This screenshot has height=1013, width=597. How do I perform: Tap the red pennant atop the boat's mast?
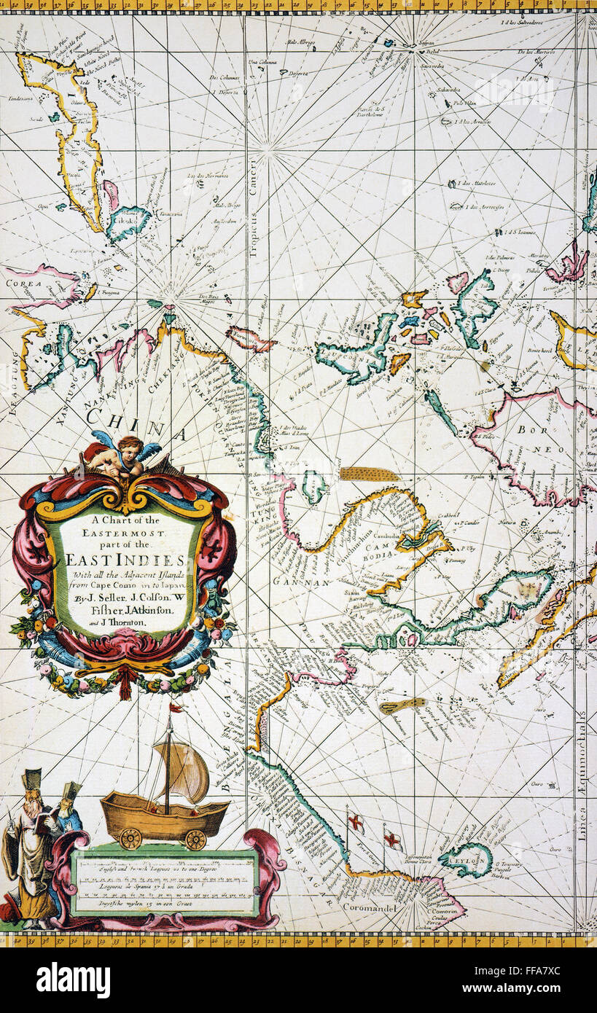coord(176,707)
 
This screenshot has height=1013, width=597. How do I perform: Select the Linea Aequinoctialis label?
coord(582,787)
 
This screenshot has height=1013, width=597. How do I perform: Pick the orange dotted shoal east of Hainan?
coord(370,474)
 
